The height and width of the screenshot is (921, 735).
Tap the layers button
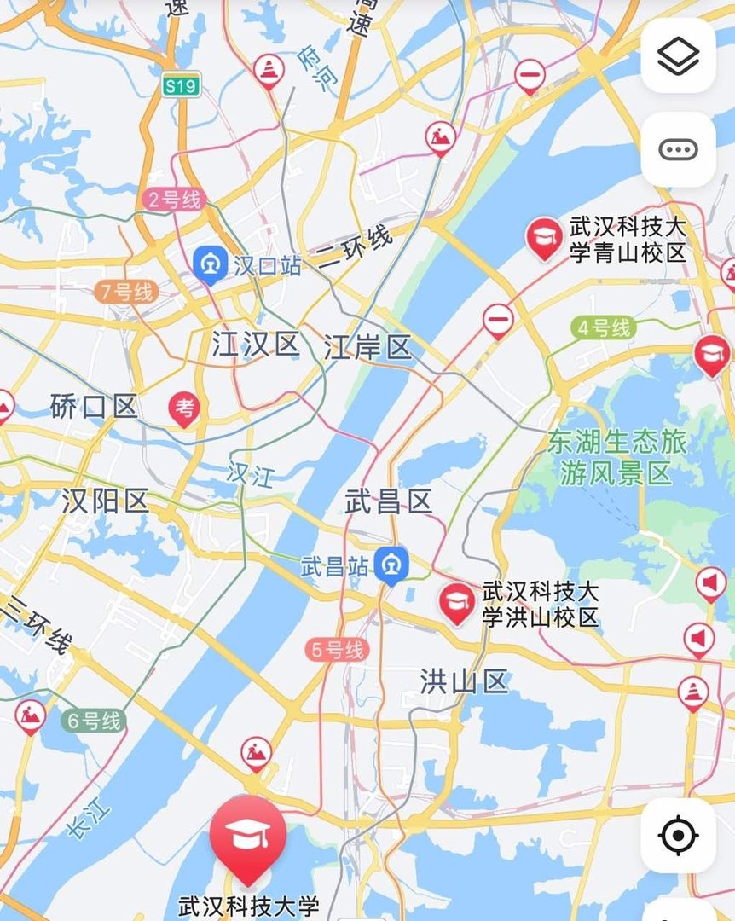point(678,56)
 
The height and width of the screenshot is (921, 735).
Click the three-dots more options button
point(678,150)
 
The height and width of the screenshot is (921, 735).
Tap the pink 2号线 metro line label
point(174,200)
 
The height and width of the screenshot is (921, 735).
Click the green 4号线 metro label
point(604,327)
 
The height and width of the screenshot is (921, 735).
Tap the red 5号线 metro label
point(338,651)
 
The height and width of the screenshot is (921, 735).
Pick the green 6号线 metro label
point(94,721)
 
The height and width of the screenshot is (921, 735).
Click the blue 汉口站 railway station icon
point(209,265)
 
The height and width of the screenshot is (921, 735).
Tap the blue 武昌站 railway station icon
point(392,565)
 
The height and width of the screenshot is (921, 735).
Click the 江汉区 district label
point(256,345)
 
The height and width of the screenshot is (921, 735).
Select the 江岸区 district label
point(367,348)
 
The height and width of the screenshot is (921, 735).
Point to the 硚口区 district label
point(94,407)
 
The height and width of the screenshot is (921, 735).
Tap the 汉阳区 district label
point(106,501)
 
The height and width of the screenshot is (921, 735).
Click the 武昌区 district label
point(389,501)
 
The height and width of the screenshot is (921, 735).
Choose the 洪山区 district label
point(464,681)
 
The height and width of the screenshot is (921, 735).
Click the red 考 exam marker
point(184,408)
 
